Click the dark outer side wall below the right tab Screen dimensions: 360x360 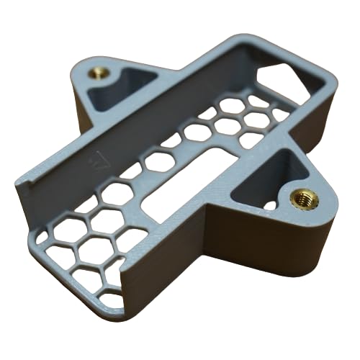(x=274, y=245)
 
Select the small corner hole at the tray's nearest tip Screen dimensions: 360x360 (x=112, y=298)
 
